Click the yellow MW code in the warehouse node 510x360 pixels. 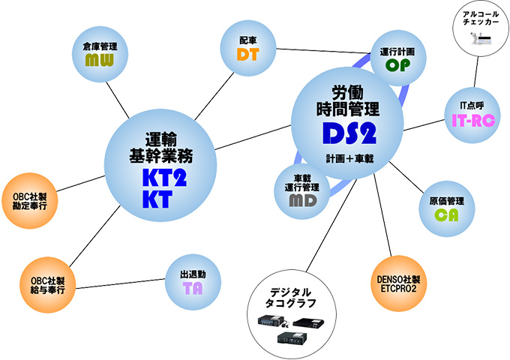100,60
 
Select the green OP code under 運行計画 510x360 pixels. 397,65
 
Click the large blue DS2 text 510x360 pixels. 347,134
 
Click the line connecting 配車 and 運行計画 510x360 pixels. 322,54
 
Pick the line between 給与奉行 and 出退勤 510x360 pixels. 120,283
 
